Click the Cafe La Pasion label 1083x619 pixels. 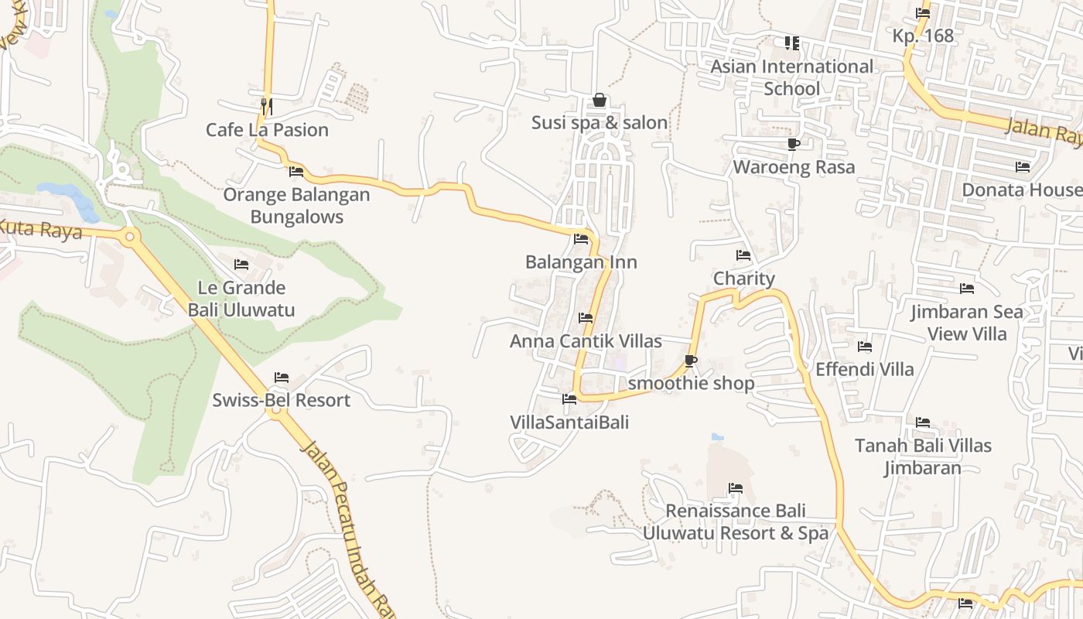(267, 130)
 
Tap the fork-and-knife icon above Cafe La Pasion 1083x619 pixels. (266, 105)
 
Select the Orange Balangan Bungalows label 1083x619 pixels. (296, 206)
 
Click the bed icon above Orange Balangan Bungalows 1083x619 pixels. (296, 171)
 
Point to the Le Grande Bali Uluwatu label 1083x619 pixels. (241, 299)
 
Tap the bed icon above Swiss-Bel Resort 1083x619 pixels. (282, 378)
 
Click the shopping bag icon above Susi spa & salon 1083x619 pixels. (599, 100)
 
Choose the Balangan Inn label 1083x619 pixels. (581, 262)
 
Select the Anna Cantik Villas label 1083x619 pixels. (586, 341)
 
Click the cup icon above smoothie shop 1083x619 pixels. (691, 361)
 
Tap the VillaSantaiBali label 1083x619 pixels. (569, 422)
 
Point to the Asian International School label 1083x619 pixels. (791, 77)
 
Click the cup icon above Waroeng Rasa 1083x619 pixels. (794, 144)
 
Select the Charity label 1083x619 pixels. (743, 279)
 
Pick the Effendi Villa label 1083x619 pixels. (865, 370)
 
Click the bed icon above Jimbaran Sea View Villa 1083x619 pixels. (967, 289)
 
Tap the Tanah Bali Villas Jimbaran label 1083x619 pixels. (923, 457)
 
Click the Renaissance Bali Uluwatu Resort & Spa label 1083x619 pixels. (736, 522)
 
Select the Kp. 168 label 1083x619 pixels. (923, 36)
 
